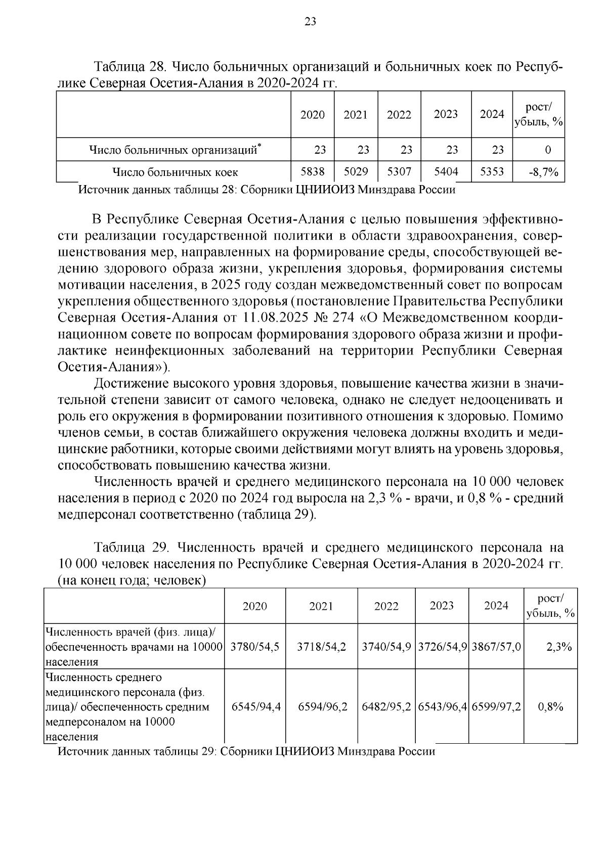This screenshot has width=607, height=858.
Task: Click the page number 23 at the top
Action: coord(310,21)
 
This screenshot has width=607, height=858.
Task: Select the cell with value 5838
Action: coord(313,171)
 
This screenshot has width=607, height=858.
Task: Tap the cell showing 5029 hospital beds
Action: coord(356,171)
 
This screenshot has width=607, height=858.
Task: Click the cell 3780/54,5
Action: coord(255,647)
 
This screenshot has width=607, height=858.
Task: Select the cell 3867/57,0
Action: coord(496,647)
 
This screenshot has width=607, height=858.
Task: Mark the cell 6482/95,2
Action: coord(386,706)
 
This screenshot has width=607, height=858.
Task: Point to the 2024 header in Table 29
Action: coord(496,605)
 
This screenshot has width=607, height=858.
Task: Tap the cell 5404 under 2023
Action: coord(446,171)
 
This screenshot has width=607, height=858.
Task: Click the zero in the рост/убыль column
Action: coord(548,150)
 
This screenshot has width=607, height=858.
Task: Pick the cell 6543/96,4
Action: coord(442,706)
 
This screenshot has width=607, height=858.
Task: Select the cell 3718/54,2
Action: coord(322,647)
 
